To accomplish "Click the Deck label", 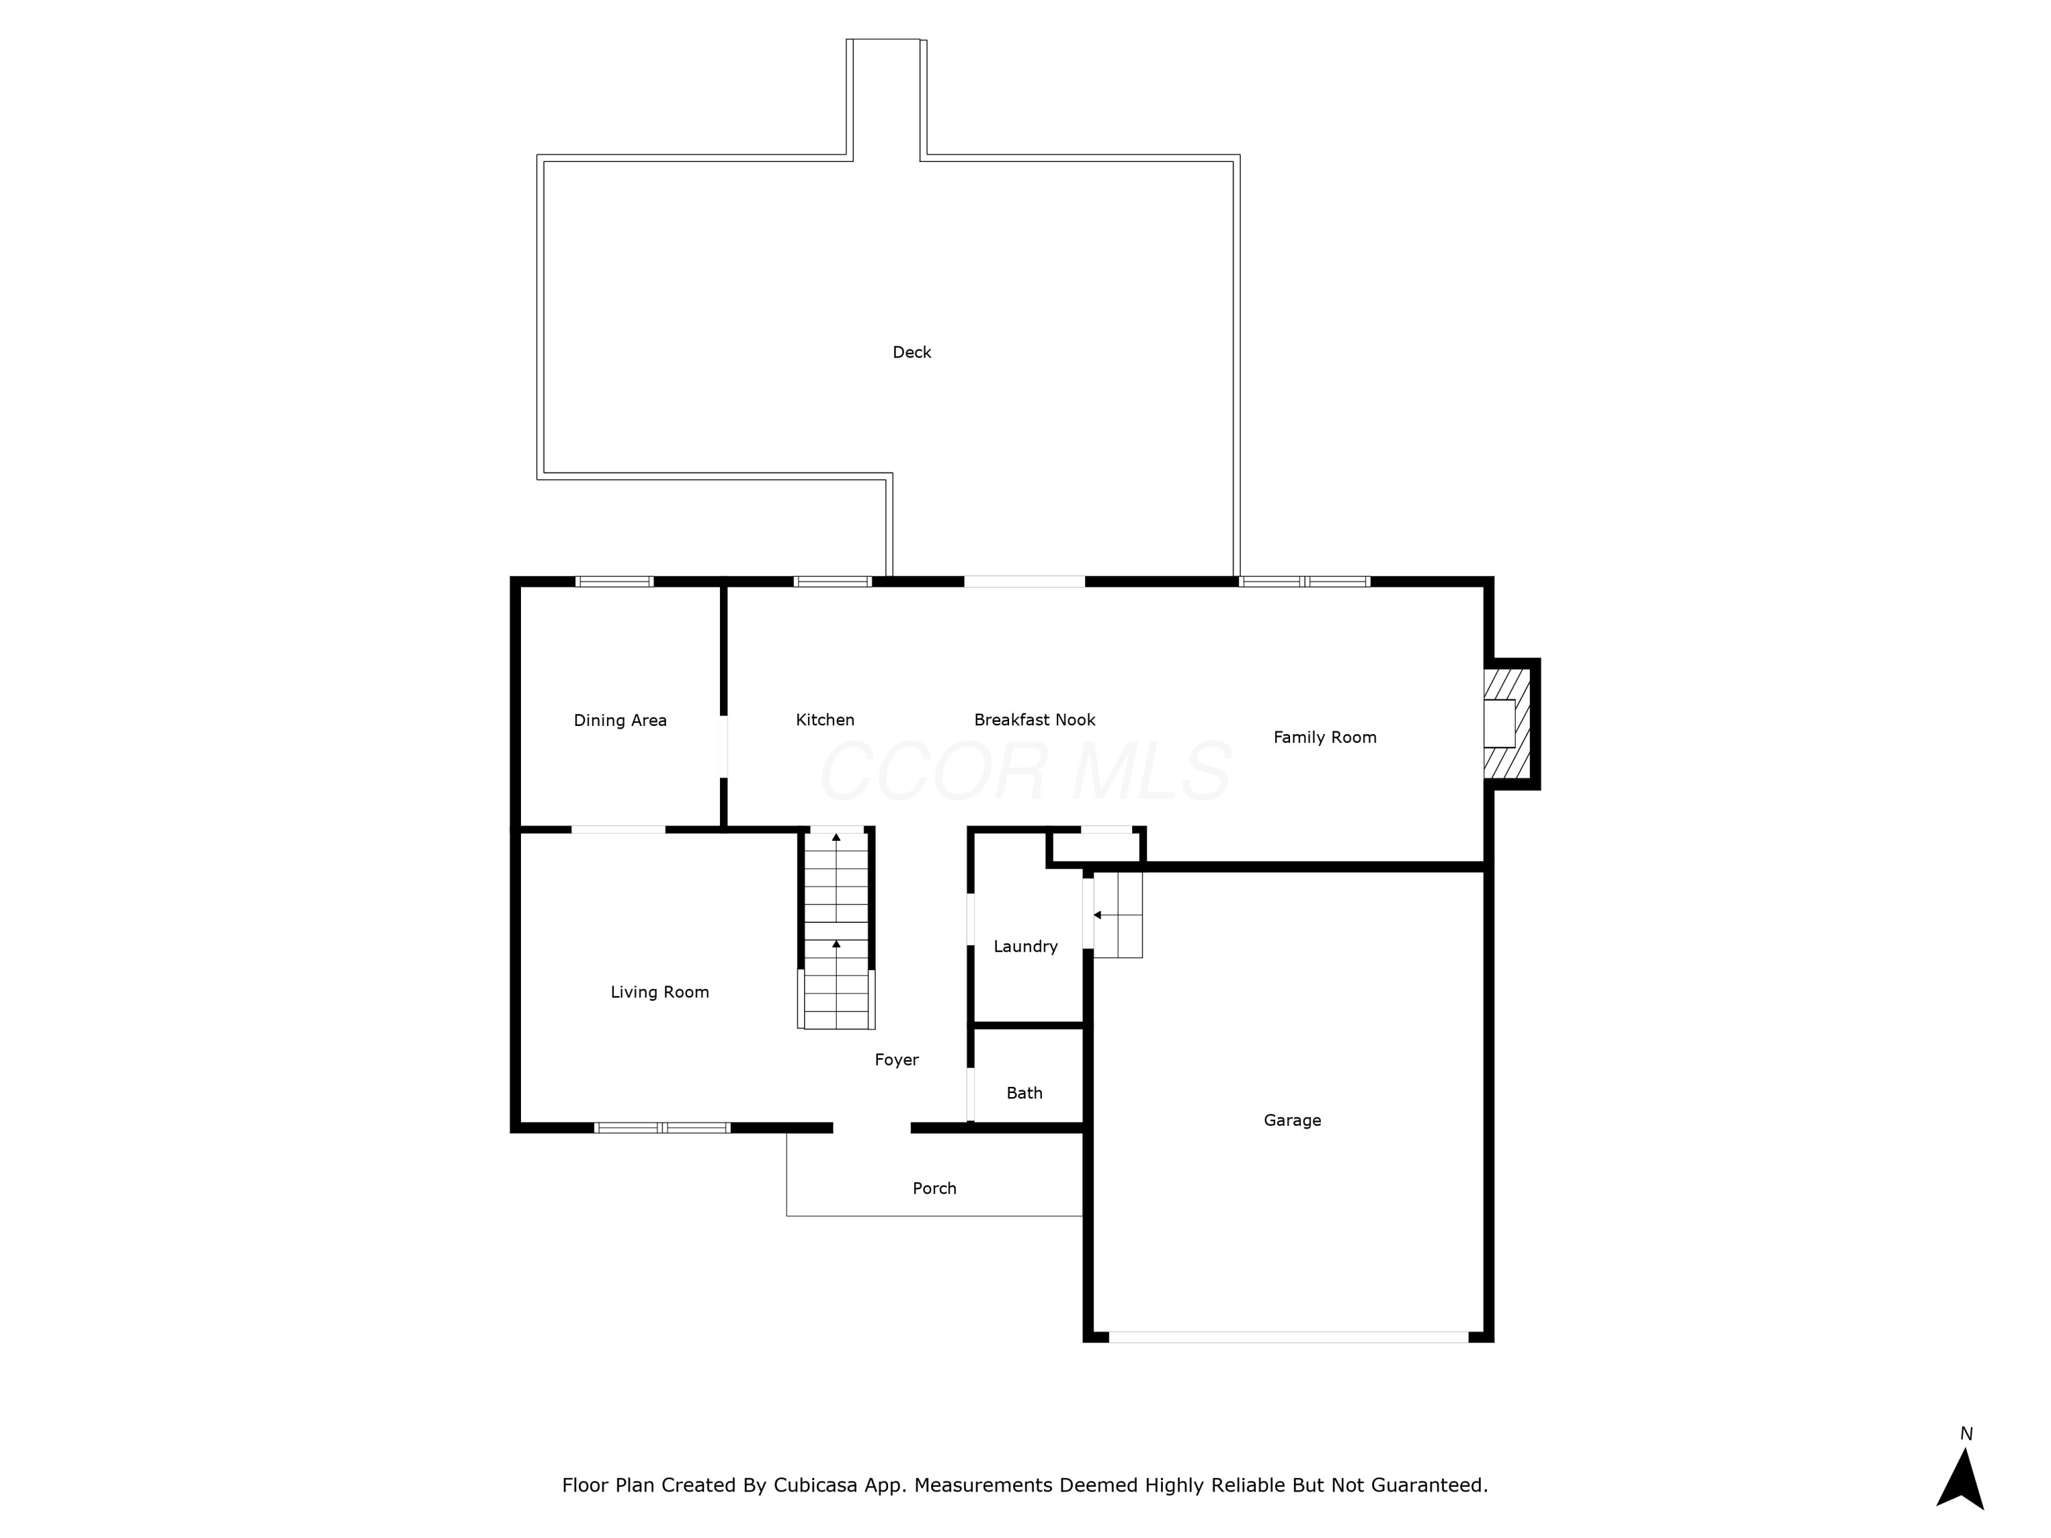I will (x=911, y=352).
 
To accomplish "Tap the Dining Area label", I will (x=619, y=720).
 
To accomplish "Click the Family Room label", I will (x=1324, y=737).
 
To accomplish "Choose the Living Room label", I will (x=659, y=992).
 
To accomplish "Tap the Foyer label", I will (x=896, y=1060).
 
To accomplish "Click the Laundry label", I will (x=1025, y=947).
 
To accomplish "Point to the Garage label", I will (x=1291, y=1120).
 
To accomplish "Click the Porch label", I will (x=934, y=1189).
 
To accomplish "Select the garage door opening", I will (x=1288, y=1337).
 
